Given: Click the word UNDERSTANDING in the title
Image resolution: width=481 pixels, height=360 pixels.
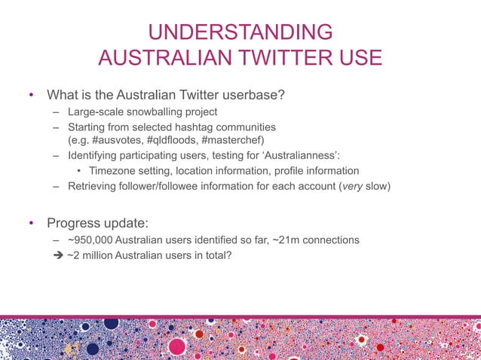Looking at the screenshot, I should (x=240, y=32).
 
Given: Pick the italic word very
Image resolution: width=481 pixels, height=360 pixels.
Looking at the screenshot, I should (x=351, y=185).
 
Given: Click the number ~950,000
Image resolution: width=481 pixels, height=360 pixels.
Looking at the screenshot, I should (x=90, y=240).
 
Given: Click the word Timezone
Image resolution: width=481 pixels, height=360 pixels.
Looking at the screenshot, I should (x=113, y=171).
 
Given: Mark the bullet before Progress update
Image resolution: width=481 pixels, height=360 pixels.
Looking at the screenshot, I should (x=31, y=224).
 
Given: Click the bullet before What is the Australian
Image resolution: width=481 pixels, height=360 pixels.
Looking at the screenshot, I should (x=31, y=96).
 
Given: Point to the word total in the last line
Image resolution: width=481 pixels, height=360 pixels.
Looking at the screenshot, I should (x=216, y=256).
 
